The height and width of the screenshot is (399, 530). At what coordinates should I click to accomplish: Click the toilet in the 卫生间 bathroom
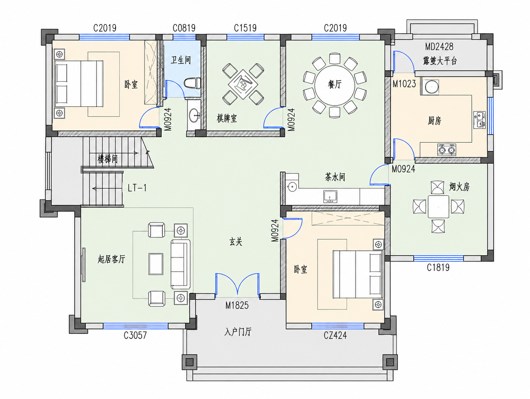[x=192, y=83]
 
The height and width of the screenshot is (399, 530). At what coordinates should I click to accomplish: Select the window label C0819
[x=184, y=28]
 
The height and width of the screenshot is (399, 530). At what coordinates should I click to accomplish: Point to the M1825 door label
[x=237, y=305]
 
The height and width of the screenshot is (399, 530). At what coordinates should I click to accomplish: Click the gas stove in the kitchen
[x=447, y=150]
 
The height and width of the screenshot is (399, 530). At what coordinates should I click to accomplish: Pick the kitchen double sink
[x=479, y=120]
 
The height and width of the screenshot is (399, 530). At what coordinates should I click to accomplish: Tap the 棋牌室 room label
[x=227, y=118]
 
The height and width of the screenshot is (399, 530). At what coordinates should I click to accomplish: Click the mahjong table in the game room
[x=243, y=84]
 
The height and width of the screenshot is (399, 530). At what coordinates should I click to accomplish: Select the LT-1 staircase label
[x=137, y=188]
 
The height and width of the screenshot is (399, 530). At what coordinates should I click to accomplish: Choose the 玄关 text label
[x=236, y=241]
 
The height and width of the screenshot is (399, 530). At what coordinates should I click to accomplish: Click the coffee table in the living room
[x=156, y=264]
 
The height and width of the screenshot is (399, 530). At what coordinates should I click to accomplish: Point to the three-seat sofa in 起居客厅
[x=180, y=264]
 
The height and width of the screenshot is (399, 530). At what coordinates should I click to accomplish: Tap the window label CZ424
[x=335, y=335]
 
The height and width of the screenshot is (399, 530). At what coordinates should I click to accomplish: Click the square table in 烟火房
[x=438, y=207]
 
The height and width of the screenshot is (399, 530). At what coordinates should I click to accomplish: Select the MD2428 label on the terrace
[x=439, y=47]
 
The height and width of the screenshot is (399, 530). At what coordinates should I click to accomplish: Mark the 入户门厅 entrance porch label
[x=238, y=332]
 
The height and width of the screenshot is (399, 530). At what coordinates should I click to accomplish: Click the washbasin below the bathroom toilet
[x=194, y=116]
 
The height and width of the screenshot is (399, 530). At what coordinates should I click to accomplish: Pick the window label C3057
[x=135, y=335]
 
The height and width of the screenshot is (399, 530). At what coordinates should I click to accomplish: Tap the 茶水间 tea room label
[x=335, y=177]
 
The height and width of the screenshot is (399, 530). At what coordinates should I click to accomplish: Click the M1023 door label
[x=404, y=84]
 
